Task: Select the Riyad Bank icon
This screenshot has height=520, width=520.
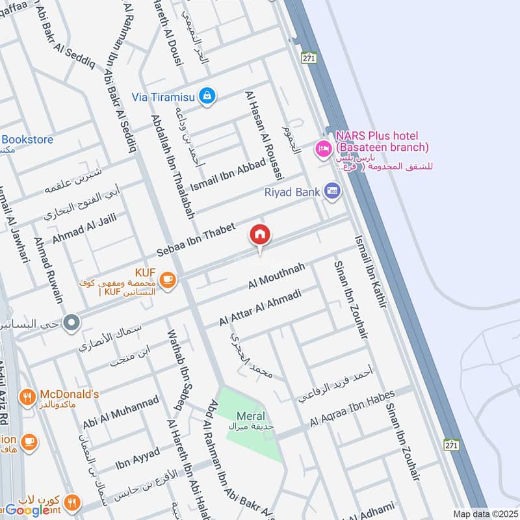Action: tap(333, 192)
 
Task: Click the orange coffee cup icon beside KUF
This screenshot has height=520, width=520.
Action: tap(167, 280)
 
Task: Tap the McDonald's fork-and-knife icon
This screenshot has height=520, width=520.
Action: tap(27, 396)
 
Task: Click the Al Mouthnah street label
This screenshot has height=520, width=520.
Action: tap(276, 276)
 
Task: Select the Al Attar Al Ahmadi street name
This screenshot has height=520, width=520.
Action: tap(260, 309)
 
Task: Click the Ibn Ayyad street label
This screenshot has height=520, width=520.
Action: tap(137, 456)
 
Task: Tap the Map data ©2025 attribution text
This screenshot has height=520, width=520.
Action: tap(484, 514)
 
